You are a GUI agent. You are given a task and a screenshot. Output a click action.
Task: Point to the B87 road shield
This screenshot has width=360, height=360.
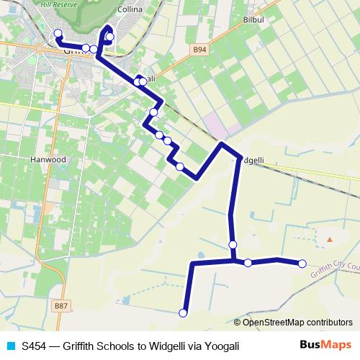(61, 306)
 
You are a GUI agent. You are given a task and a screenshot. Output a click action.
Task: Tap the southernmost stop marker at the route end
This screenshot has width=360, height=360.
(183, 312)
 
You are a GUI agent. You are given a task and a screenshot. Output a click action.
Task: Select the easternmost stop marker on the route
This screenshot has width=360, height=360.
(302, 264)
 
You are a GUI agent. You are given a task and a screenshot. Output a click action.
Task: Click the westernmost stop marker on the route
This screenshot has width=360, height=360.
(58, 33)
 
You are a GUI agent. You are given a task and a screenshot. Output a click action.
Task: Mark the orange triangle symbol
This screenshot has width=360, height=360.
(330, 238)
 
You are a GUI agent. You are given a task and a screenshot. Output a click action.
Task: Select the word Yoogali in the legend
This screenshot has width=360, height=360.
(219, 346)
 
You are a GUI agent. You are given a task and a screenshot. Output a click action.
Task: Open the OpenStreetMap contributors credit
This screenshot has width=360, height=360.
(297, 322)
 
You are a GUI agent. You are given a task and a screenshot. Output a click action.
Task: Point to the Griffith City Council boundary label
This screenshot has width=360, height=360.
(336, 269)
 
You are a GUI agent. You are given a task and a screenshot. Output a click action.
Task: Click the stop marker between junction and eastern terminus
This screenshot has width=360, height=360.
(248, 263)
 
